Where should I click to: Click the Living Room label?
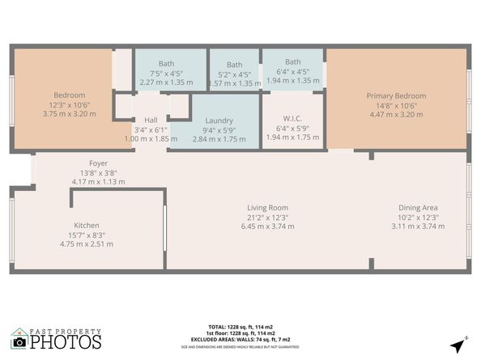pos(267,208)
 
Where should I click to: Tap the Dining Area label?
pos(418,208)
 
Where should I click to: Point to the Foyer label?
pos(98,163)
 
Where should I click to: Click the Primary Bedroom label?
pos(397,96)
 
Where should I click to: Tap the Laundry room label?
pos(219,120)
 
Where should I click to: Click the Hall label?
pos(151,120)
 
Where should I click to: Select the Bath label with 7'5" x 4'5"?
pos(167,63)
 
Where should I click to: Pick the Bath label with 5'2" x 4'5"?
pos(234,65)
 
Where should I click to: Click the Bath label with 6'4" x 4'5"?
pos(292,62)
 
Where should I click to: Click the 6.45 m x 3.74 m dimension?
pos(267,227)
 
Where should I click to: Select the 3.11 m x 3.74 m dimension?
pos(418,227)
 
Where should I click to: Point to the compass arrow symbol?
pos(459,345)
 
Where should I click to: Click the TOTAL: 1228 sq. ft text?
pos(241,327)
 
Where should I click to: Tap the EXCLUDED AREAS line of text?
pos(241,340)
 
